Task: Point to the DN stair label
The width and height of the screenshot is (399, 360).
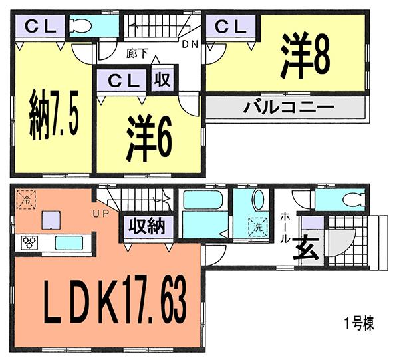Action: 190,45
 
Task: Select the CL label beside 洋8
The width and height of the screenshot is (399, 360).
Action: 230,27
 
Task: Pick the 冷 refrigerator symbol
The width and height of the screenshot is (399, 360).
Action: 26,198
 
